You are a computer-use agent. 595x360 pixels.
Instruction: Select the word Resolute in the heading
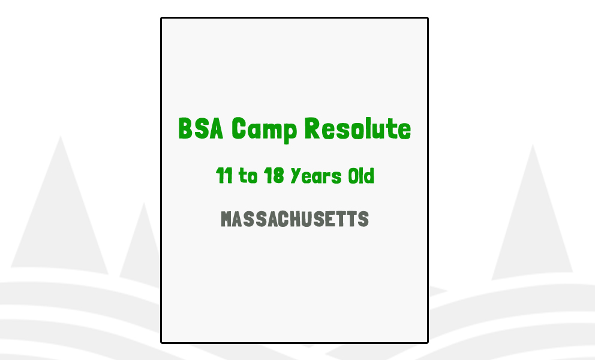(357, 128)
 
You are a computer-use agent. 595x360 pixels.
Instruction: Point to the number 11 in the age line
(224, 176)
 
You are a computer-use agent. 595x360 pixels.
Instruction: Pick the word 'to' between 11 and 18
(248, 176)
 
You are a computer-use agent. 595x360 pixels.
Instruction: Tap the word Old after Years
(361, 176)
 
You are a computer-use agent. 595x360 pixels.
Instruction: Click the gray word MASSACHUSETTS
(295, 219)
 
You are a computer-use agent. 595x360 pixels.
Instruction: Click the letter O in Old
(353, 176)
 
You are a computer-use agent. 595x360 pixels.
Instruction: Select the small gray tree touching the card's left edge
(143, 246)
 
